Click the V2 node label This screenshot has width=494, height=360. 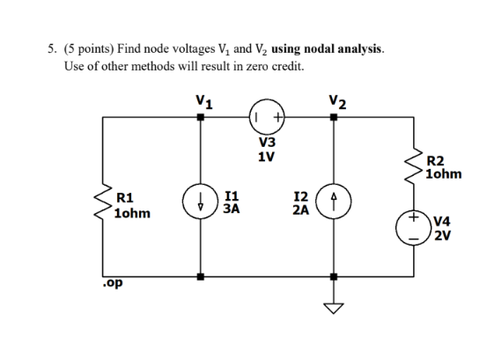(335, 99)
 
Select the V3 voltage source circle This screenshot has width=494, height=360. (267, 118)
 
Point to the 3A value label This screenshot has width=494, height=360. (232, 209)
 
